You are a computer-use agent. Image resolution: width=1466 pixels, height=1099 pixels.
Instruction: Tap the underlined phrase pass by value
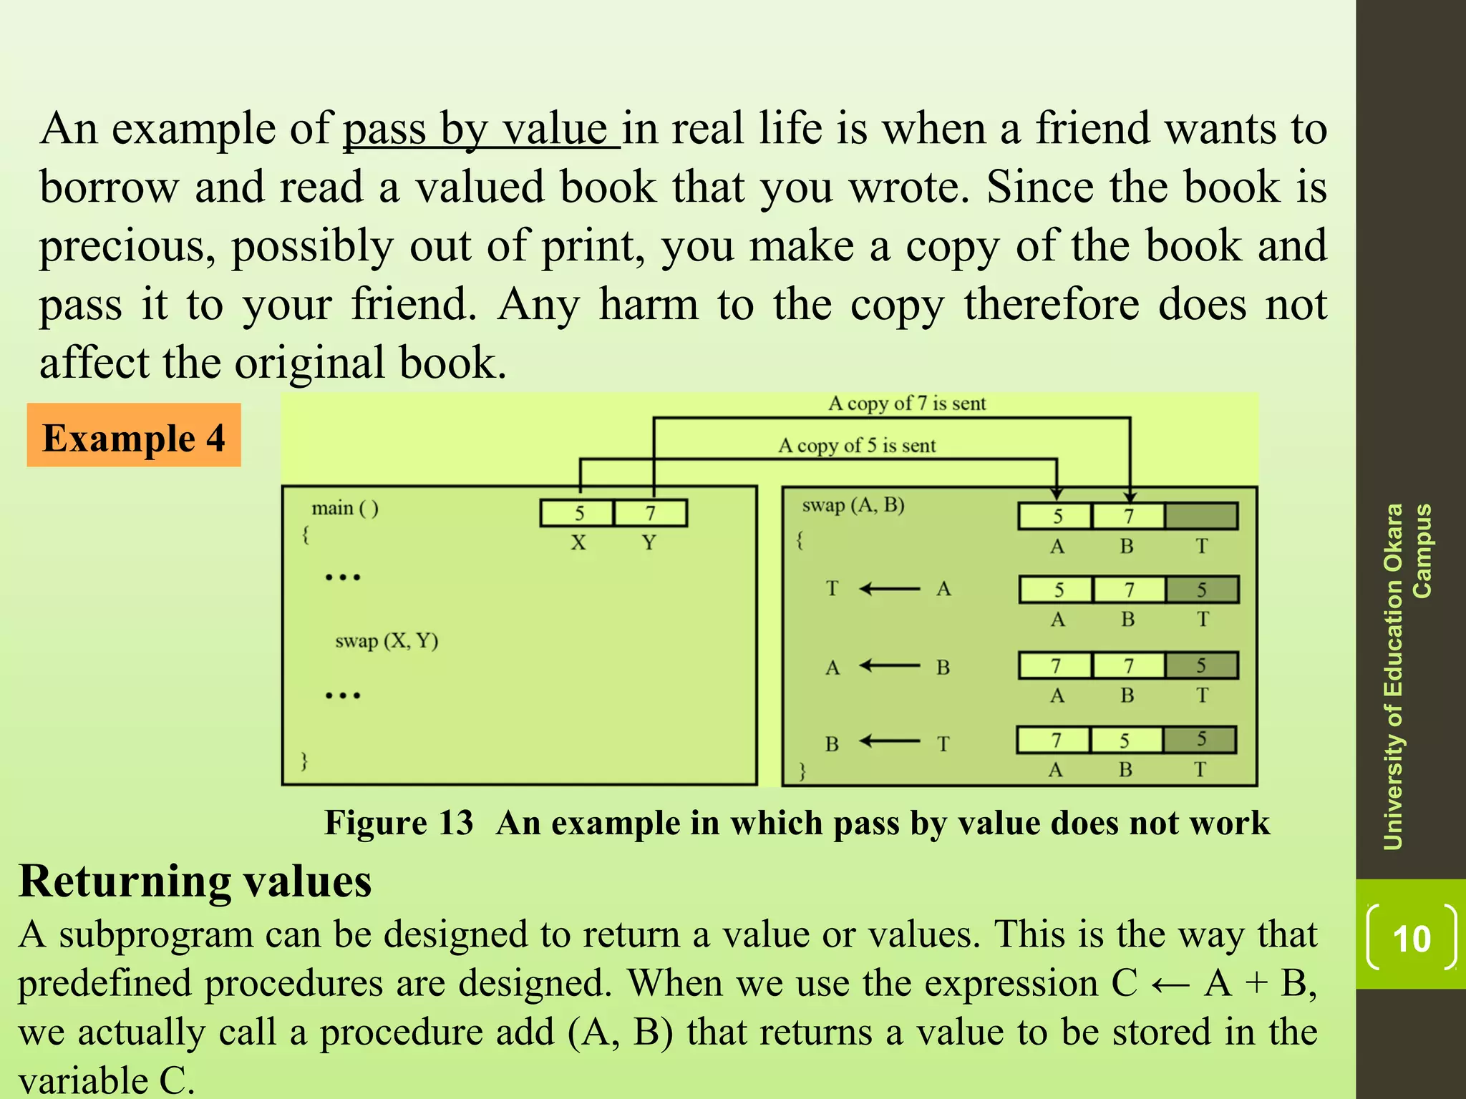click(x=480, y=130)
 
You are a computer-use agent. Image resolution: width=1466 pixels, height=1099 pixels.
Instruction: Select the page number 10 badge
click(x=1411, y=938)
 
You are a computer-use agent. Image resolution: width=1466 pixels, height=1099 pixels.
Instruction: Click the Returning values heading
click(x=195, y=881)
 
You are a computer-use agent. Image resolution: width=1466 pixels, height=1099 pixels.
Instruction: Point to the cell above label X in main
click(x=578, y=513)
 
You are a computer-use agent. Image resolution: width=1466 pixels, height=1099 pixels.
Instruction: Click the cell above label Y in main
click(x=651, y=513)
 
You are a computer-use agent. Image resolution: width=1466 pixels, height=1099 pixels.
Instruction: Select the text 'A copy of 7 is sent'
click(x=907, y=404)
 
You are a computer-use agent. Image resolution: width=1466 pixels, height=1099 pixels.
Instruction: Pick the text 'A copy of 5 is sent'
click(x=857, y=446)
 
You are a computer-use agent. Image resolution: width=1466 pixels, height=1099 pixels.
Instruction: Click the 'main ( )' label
click(x=345, y=508)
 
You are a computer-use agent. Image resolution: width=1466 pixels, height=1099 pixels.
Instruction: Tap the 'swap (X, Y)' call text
click(x=387, y=640)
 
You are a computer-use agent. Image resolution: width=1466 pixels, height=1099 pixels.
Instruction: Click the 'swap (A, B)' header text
click(x=853, y=505)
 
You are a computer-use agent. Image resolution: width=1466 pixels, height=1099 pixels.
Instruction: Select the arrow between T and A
click(x=890, y=589)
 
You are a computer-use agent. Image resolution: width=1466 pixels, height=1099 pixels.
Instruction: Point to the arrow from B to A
click(x=890, y=666)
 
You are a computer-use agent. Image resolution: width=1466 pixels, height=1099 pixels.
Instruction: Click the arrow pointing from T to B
click(x=890, y=741)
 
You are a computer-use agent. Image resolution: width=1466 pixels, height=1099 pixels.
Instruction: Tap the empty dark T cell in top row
click(x=1201, y=516)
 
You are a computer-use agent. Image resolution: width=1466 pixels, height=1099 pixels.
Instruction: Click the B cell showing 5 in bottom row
click(x=1125, y=741)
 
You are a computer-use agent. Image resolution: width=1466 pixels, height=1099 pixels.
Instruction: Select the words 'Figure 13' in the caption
click(x=399, y=823)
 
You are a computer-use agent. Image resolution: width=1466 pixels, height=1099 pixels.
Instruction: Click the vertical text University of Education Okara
click(x=1393, y=676)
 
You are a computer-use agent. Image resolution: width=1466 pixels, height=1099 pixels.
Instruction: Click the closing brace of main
click(x=304, y=760)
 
